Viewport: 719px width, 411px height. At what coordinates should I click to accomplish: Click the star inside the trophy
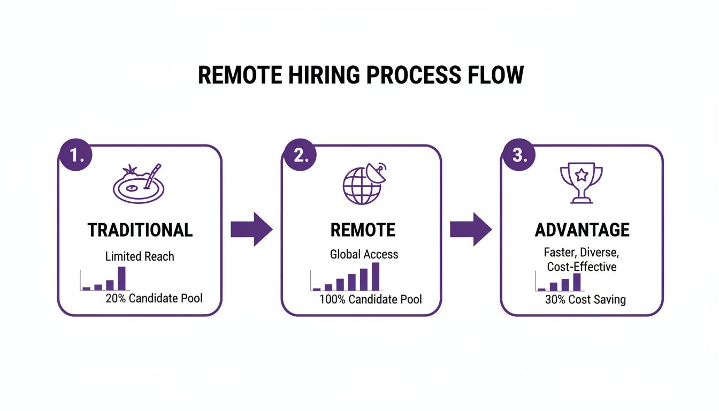(581, 174)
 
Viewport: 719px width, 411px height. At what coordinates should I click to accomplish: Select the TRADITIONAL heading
(140, 230)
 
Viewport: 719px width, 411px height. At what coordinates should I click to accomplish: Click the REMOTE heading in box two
(363, 230)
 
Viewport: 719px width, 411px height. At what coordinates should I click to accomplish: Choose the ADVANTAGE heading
(582, 230)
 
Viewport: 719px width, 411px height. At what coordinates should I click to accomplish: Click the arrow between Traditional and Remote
(251, 229)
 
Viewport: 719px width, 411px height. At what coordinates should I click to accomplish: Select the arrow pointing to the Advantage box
(470, 229)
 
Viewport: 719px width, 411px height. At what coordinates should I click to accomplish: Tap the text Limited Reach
(140, 256)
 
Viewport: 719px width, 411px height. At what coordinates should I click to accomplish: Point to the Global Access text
(364, 254)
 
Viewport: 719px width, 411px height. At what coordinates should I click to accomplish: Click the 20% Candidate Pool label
(154, 298)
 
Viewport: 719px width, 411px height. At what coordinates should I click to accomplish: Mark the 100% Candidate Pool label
(370, 299)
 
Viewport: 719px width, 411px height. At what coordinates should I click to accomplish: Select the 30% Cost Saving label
(585, 300)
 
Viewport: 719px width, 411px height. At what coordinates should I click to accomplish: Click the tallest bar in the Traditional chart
(121, 278)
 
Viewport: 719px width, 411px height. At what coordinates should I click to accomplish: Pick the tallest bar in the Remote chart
(376, 276)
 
